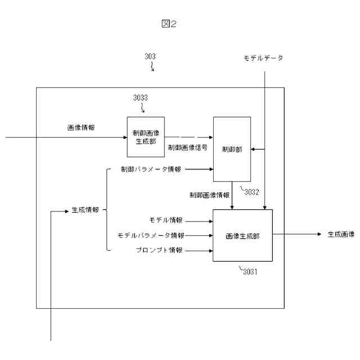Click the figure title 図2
[169, 24]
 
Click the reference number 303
[150, 56]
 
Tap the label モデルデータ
[263, 58]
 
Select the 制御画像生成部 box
[146, 137]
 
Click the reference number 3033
[141, 97]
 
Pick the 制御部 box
[232, 149]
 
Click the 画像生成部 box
[242, 235]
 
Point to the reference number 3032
[251, 191]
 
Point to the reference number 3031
[250, 271]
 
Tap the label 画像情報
[81, 127]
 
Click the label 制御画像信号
[187, 147]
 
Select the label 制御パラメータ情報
[151, 169]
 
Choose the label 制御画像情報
[209, 195]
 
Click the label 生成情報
[85, 210]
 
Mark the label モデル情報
[166, 220]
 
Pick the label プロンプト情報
[160, 250]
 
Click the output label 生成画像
[341, 234]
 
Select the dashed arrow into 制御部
[188, 137]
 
